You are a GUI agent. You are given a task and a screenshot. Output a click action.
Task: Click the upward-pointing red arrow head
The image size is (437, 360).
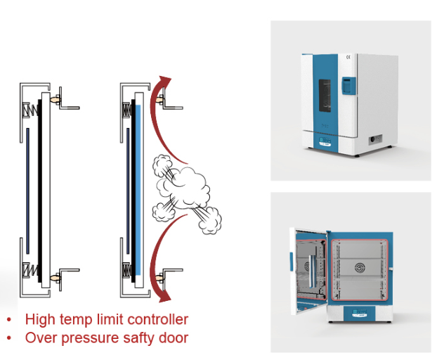coord(165,81)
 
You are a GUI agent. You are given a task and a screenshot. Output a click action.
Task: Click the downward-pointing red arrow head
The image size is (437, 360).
coord(165,297)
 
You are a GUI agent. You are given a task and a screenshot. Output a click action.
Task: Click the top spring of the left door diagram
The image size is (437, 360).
coord(30,110)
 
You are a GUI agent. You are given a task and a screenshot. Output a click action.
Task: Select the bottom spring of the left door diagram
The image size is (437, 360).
coord(30,270)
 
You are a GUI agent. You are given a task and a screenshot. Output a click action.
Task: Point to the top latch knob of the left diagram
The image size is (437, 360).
coord(56,99)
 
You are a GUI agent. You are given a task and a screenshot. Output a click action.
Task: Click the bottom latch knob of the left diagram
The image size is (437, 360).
coord(56,278)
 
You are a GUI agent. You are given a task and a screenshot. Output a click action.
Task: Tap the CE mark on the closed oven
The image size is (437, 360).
coord(348,57)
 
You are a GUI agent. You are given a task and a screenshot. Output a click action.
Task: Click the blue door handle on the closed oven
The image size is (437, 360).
coord(349,86)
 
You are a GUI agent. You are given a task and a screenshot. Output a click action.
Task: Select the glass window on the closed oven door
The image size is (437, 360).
coord(325,96)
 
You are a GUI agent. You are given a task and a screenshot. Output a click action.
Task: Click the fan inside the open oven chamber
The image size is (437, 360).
coord(360,268)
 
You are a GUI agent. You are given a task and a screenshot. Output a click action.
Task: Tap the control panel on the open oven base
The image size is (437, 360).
coord(360,313)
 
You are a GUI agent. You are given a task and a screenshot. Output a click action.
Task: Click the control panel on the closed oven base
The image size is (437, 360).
coord(325,141)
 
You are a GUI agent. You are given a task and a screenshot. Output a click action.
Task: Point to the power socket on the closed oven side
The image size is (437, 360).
coord(375,139)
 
